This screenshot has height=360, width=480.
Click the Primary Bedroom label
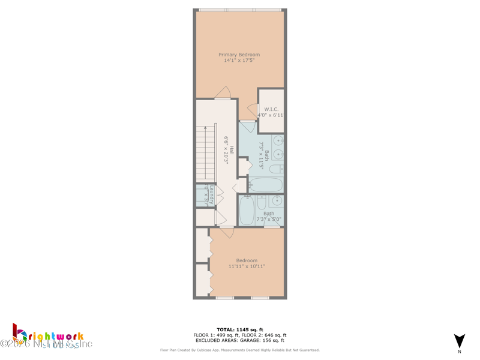click(239, 55)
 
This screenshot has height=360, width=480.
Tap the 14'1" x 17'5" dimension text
click(239, 61)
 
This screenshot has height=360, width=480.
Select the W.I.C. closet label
click(271, 109)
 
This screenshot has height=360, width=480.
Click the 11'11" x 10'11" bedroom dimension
click(247, 266)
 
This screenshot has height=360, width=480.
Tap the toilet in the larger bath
click(276, 170)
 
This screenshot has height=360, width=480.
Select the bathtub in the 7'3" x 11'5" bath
click(265, 185)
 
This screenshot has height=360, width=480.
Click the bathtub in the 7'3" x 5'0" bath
click(247, 210)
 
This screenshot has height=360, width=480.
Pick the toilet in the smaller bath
click(262, 202)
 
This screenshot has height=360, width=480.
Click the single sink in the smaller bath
click(277, 200)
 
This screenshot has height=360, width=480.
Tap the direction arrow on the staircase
click(205, 128)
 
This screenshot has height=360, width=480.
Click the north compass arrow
click(460, 341)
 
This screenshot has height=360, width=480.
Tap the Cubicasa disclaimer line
click(239, 350)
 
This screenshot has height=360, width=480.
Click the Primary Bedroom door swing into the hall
click(223, 93)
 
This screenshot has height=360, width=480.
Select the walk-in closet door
click(252, 110)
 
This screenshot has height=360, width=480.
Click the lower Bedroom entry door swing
click(226, 232)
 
